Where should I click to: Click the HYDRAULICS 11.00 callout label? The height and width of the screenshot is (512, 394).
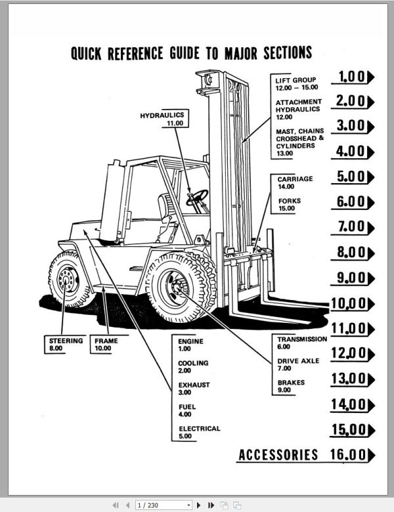163,119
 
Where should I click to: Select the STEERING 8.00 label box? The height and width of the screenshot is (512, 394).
66,345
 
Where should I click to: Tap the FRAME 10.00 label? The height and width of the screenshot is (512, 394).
106,345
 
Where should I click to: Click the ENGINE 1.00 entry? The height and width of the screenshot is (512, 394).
191,345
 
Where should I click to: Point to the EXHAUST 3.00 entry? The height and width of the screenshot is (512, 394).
194,389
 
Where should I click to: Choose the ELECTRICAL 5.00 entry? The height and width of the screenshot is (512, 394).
199,432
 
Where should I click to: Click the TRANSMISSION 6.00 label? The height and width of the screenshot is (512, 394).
301,343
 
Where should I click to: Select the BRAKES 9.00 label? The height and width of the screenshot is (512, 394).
290,386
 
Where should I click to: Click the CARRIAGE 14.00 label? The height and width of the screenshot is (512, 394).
294,182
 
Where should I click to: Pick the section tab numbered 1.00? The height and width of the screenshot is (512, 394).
355,77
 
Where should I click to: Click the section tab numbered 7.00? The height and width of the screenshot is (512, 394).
355,227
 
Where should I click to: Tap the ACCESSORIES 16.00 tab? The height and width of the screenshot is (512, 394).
306,454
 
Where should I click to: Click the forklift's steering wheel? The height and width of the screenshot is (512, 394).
197,196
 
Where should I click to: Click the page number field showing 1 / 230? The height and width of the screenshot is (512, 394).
162,505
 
